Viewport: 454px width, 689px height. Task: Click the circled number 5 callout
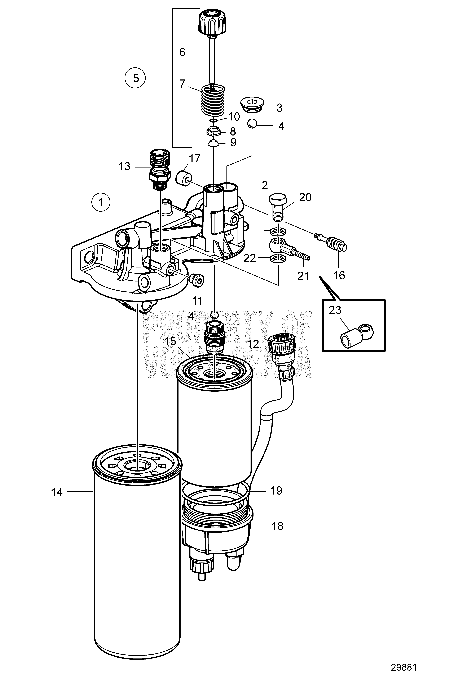(x=136, y=78)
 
